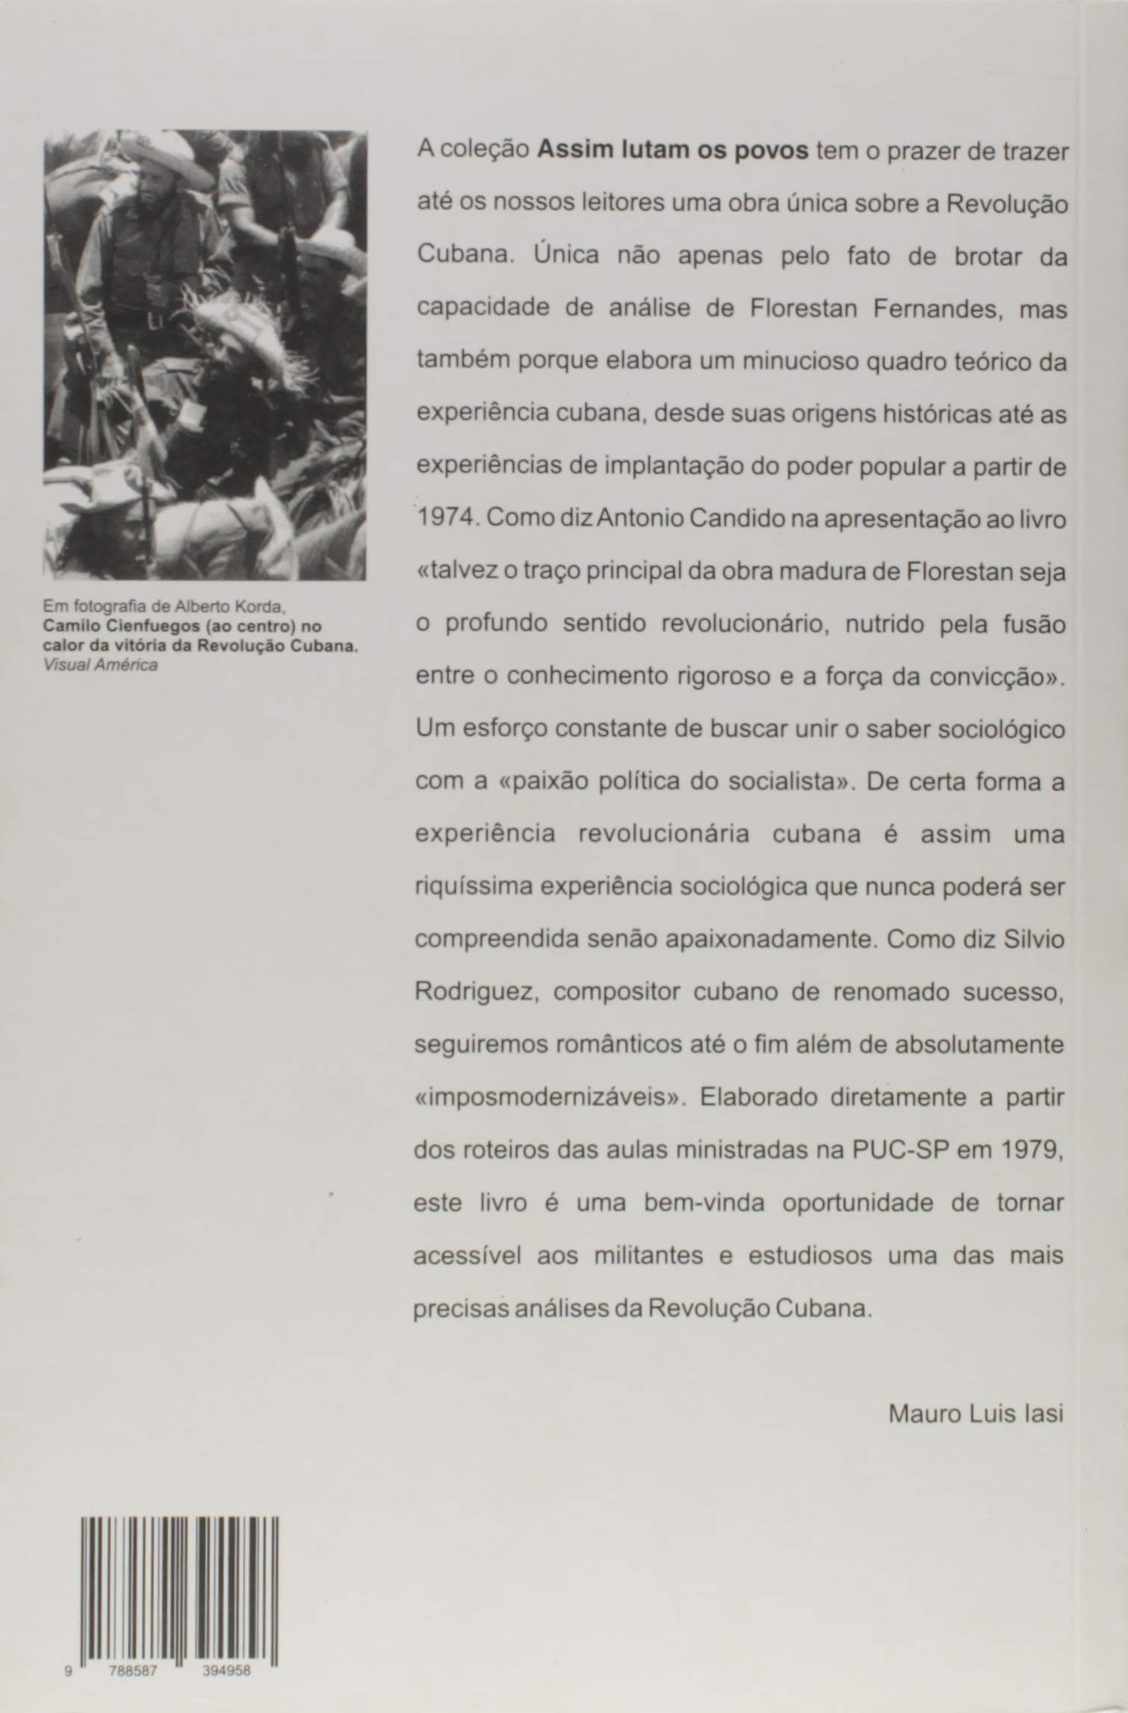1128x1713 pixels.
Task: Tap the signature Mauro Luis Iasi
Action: tap(976, 1414)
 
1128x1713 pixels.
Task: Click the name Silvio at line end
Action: tap(1035, 941)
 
